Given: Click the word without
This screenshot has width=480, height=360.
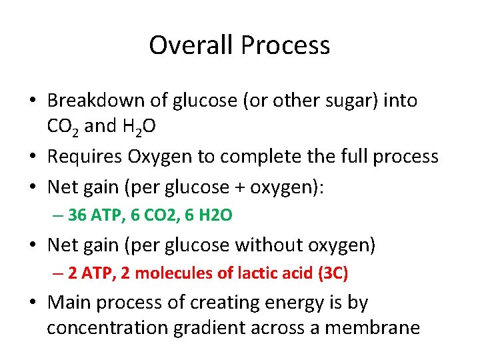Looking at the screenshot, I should [265, 245].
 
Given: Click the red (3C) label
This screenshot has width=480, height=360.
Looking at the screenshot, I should [333, 273].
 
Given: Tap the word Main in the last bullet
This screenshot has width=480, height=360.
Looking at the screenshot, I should [68, 302].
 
